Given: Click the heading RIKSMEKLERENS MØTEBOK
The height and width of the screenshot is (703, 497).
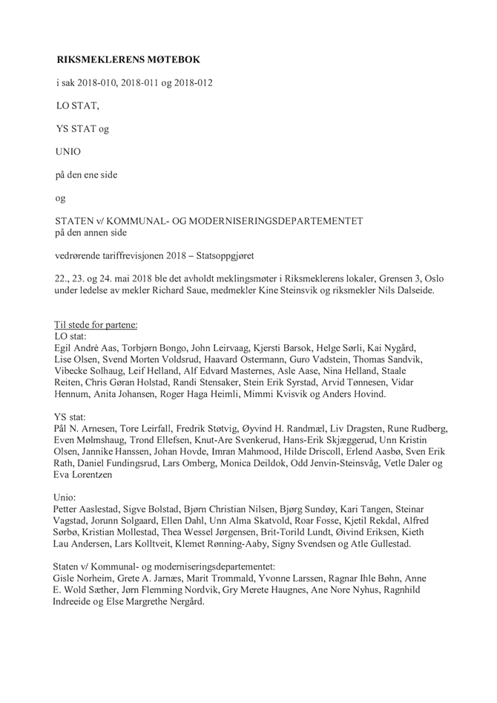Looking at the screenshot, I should pos(128,59).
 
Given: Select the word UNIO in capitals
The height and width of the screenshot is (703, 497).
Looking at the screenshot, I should pos(69,151).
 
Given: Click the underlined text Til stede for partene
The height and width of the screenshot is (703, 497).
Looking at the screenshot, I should pos(96,325).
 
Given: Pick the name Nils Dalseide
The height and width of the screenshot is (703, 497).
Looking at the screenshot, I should pos(407,290).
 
